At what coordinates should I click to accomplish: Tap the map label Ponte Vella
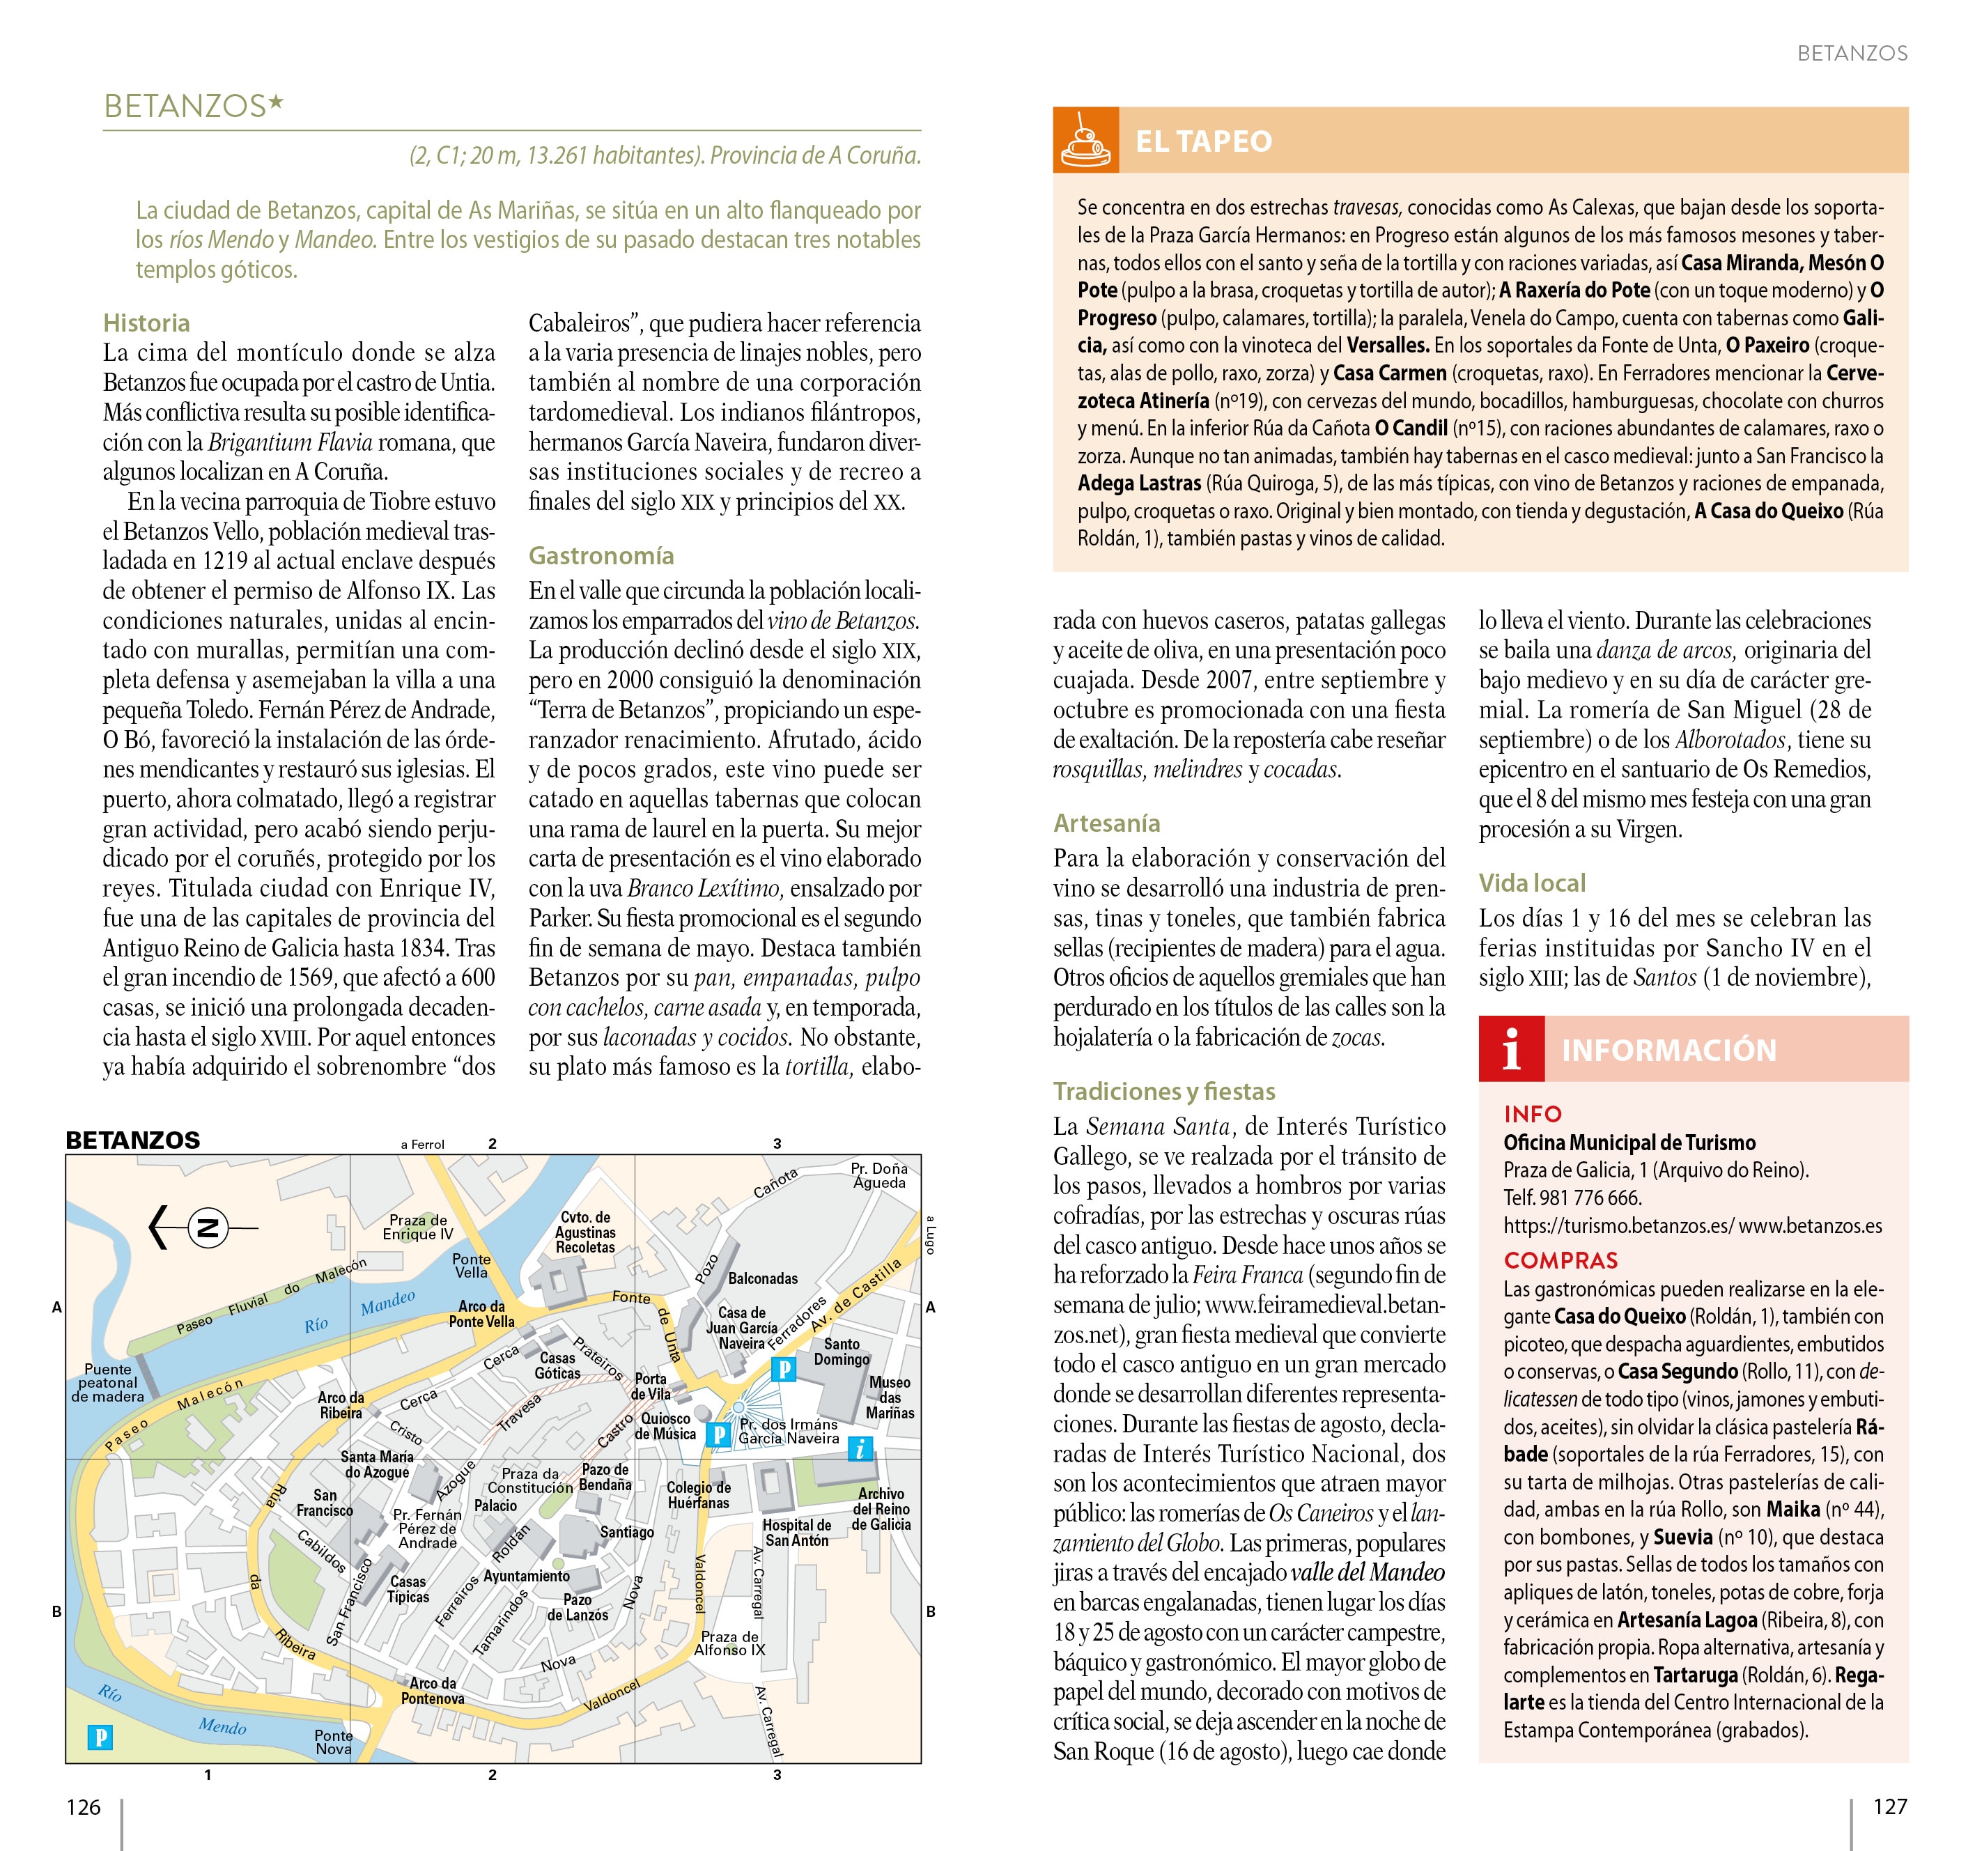pos(471,1265)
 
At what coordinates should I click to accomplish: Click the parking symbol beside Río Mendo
pos(100,1737)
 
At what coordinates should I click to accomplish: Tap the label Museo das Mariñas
pos(889,1397)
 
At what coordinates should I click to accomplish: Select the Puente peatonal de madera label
pos(107,1382)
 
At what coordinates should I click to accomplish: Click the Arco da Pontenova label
pos(432,1691)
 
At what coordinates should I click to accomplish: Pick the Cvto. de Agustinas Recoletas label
pos(585,1232)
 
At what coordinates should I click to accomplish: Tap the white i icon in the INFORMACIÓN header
pos(1511,1049)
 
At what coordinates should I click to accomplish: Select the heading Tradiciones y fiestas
pos(1163,1091)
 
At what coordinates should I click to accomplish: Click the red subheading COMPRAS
pos(1560,1260)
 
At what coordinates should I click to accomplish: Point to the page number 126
pos(84,1806)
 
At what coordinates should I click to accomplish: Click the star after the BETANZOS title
pos(276,102)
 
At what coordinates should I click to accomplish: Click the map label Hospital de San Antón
pos(797,1532)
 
